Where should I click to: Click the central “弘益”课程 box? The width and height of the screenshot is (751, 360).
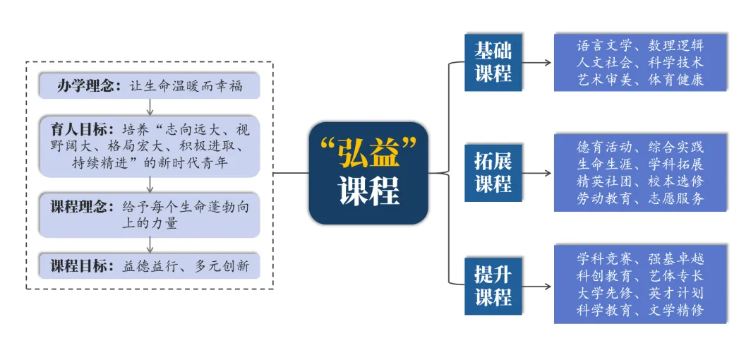[368, 173]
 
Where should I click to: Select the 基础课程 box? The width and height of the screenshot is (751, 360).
[493, 62]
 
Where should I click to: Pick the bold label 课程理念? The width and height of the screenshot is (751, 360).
[78, 208]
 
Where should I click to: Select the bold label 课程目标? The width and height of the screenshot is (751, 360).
[78, 266]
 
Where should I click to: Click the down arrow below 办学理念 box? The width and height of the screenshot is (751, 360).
[150, 107]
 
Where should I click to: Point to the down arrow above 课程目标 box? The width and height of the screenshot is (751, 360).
[150, 244]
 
